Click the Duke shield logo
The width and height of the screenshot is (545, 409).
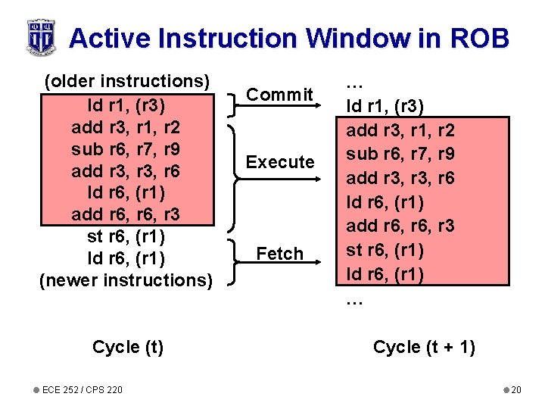(41, 36)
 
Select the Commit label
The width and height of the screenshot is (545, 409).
(280, 95)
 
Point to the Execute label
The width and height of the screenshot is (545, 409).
(280, 161)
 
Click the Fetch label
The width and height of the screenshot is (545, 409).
(280, 254)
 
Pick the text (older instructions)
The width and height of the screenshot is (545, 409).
(126, 81)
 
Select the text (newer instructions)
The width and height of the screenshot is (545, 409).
(126, 280)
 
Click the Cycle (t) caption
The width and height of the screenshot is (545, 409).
(127, 347)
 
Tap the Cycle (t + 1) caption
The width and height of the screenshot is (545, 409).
(424, 347)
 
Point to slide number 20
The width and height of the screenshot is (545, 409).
(515, 389)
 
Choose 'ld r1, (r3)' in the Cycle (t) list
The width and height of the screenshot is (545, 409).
(126, 104)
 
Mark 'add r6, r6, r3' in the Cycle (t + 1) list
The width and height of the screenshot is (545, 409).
(400, 226)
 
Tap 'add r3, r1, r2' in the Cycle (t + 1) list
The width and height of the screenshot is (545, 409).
(400, 130)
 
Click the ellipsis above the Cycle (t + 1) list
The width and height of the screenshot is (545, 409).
(353, 83)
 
